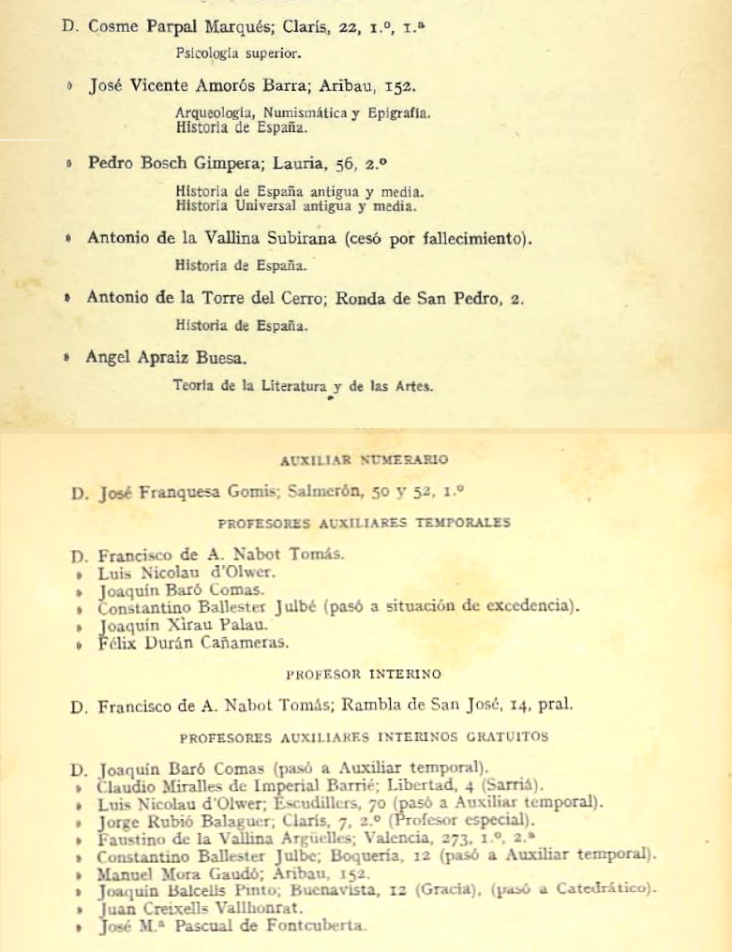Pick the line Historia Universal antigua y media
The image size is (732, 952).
(x=296, y=203)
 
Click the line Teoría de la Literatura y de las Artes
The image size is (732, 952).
(x=304, y=384)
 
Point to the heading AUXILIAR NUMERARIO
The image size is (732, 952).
(x=365, y=460)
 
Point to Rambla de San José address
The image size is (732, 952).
(x=461, y=706)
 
